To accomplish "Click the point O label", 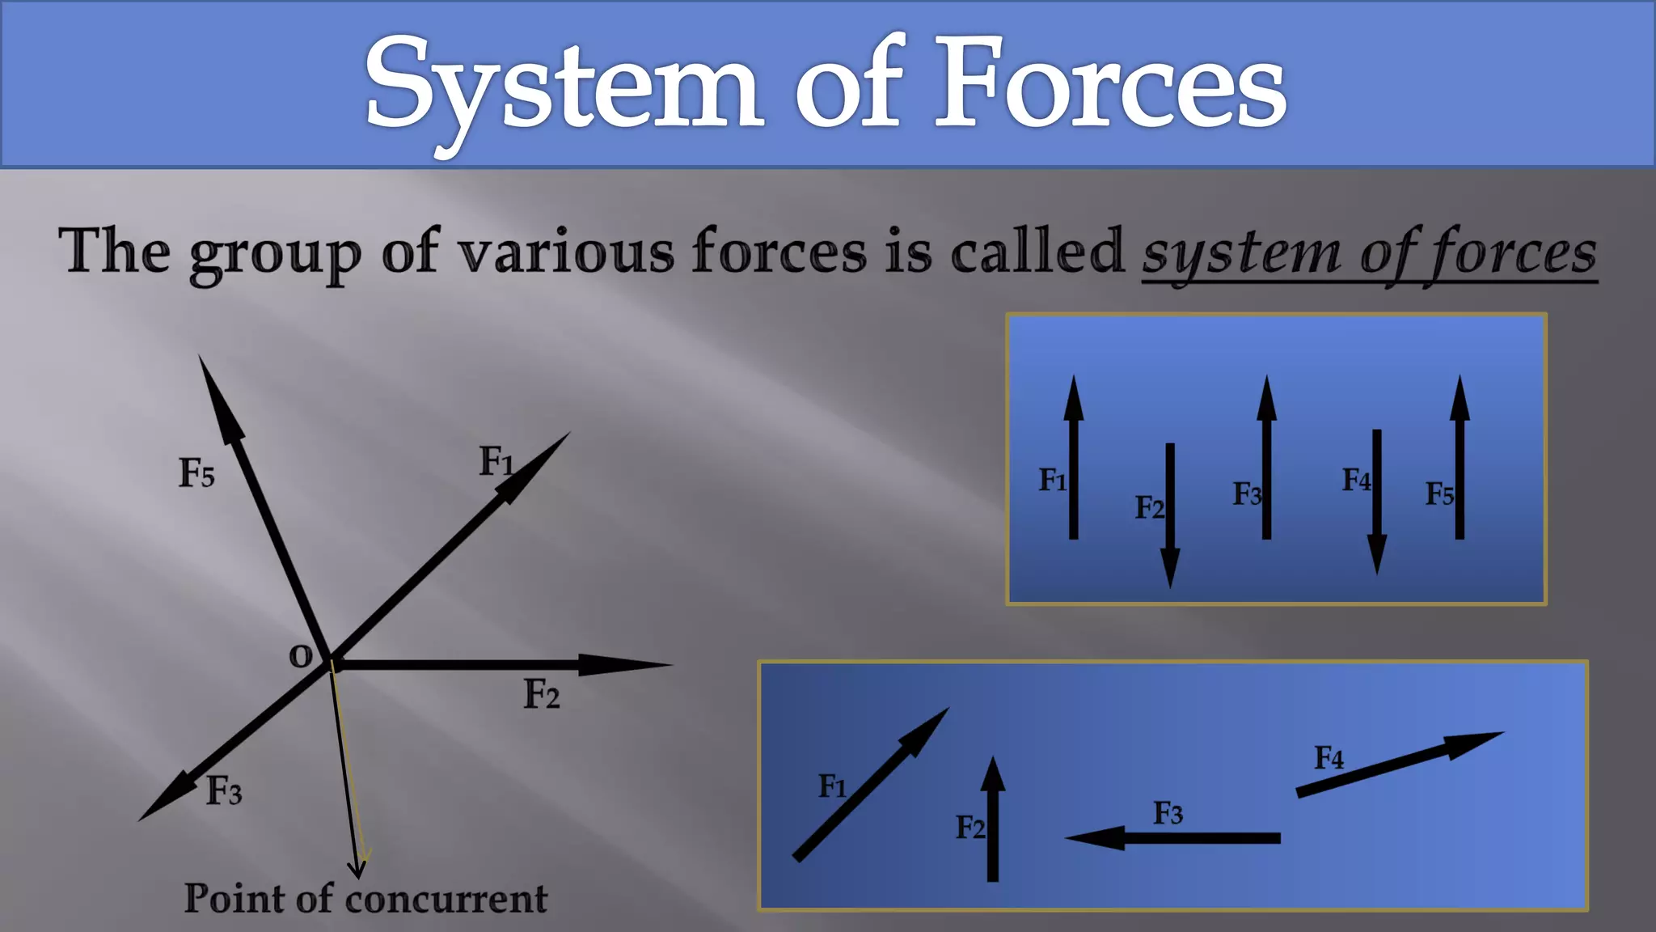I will click(x=301, y=655).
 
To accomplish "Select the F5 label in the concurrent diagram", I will click(x=196, y=472).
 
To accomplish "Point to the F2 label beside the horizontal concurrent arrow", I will click(x=541, y=694).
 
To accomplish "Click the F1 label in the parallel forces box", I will click(x=1052, y=480).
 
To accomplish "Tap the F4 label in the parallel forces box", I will click(x=1356, y=480).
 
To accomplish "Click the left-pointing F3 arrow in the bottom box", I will click(x=1172, y=838).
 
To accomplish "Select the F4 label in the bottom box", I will click(x=1329, y=758).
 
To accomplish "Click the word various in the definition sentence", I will click(x=566, y=252).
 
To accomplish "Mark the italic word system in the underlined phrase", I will click(x=1241, y=254).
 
